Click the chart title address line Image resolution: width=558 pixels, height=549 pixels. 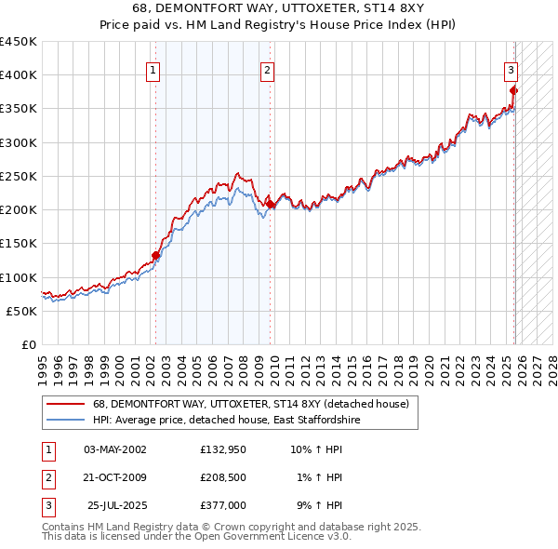click(278, 9)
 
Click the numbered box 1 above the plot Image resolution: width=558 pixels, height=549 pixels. click(153, 69)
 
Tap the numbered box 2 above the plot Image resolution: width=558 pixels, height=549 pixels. click(267, 69)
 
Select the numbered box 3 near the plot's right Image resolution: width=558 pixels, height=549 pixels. click(511, 69)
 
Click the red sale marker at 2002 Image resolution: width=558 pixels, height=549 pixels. click(155, 256)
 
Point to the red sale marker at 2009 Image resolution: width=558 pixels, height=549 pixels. click(270, 205)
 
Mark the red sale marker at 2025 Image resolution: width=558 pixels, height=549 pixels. click(514, 90)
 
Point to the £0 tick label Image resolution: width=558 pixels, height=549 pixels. click(30, 344)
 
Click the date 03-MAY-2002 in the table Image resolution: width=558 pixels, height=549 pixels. click(114, 449)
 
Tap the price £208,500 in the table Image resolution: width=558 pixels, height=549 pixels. click(223, 477)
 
